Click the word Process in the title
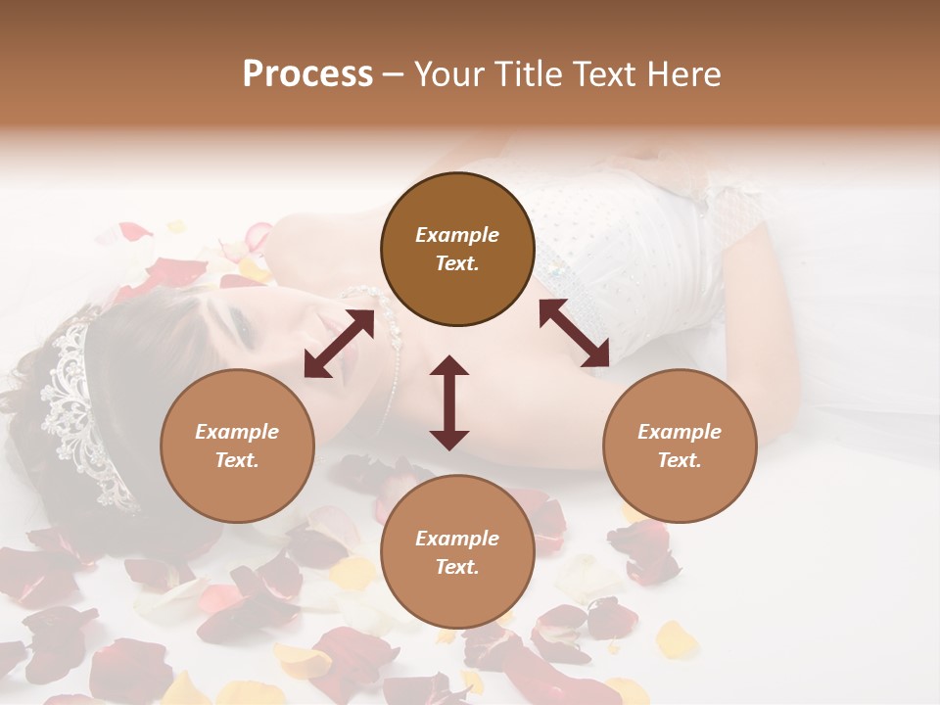307,74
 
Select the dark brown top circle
457,249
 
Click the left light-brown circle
237,446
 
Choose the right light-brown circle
680,446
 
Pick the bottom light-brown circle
457,551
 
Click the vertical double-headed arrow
449,402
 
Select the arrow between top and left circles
339,344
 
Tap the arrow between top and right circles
574,333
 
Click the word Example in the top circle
457,235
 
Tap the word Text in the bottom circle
457,567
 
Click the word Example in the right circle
680,432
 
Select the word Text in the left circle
237,460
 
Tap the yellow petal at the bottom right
676,640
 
